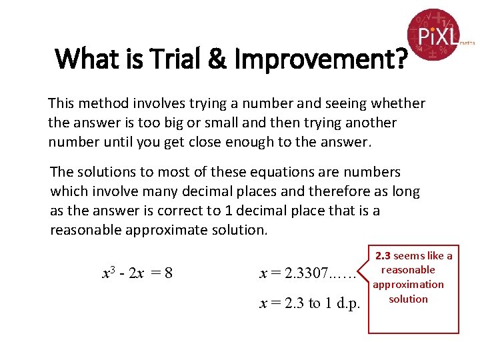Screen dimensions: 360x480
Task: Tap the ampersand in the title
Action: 216,60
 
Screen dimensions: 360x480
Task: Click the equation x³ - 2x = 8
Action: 137,273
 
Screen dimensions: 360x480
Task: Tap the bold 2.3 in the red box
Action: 383,256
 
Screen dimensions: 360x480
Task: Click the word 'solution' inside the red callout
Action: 408,299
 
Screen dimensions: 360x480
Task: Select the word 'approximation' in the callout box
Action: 408,285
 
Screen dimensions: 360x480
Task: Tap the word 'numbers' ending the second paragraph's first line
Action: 375,172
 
